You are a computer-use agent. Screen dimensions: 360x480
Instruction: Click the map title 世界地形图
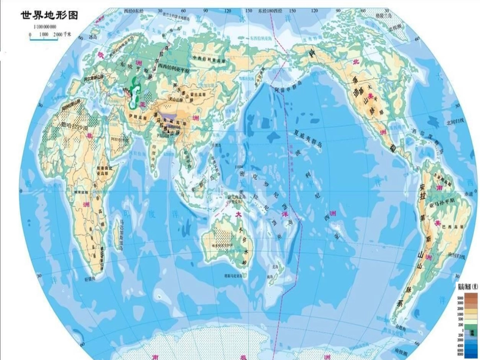49,15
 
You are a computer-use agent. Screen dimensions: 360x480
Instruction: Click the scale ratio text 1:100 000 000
44,26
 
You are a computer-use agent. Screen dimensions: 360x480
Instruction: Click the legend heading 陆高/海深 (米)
466,286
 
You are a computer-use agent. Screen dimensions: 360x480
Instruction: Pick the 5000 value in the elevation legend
460,298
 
